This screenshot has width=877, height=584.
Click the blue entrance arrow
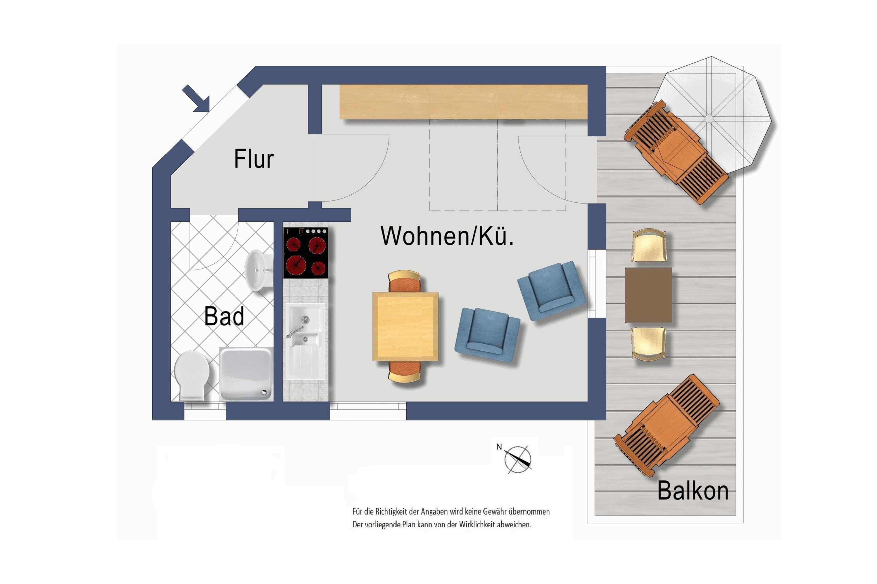point(196,99)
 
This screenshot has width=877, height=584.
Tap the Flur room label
point(254,159)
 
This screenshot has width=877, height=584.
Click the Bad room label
point(224,316)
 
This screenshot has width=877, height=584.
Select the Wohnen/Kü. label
point(447,236)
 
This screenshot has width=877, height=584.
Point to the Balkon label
point(693,491)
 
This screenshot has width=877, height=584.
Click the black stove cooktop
point(306,253)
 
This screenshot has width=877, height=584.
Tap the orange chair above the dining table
point(405,281)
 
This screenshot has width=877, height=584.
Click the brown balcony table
point(648,295)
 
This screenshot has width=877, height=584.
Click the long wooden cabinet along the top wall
point(463,102)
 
